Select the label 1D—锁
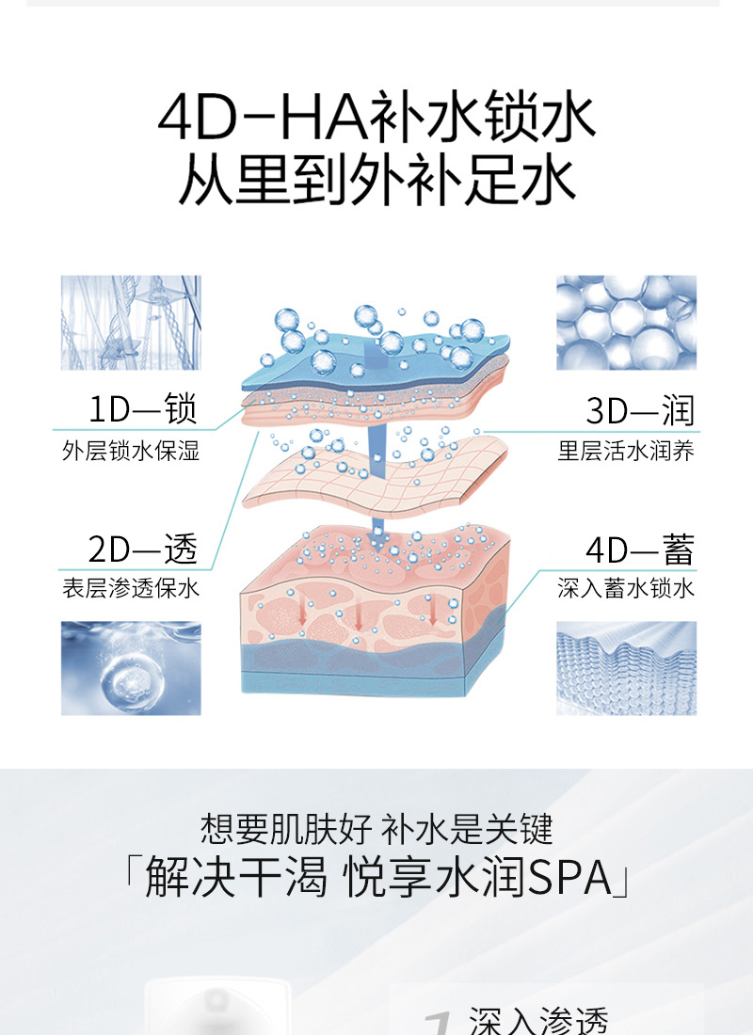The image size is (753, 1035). [x=142, y=410]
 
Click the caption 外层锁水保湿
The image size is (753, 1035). [x=131, y=452]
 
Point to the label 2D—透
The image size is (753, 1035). [x=142, y=548]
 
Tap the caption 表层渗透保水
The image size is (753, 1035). [x=131, y=590]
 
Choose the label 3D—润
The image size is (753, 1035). [x=639, y=410]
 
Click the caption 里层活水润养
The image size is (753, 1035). [x=626, y=452]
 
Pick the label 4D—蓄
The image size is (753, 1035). [x=639, y=548]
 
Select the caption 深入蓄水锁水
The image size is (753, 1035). [x=626, y=590]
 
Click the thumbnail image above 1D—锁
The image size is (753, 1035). [x=131, y=322]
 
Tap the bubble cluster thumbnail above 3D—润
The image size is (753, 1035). [x=626, y=322]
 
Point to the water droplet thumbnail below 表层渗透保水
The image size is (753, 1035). [x=131, y=668]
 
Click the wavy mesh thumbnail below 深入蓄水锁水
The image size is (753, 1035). [x=626, y=668]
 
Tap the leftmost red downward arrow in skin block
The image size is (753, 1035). [x=302, y=613]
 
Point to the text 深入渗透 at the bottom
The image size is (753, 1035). [x=538, y=1021]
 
